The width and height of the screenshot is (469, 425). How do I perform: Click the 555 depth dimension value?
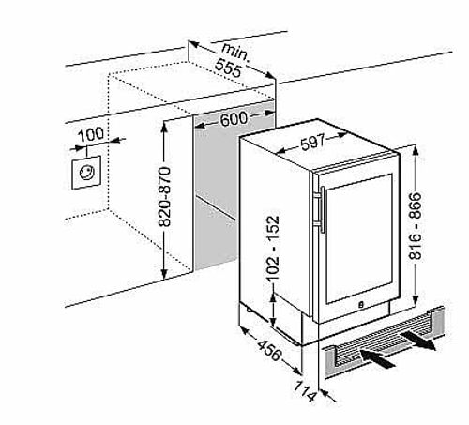click(228, 68)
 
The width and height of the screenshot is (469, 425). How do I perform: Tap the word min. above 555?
click(236, 52)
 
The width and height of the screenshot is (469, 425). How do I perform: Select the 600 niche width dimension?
click(234, 119)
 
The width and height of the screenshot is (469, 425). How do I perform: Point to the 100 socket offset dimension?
click(91, 134)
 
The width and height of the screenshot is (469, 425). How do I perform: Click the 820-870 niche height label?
click(164, 197)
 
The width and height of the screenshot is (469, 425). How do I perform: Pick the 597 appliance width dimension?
click(313, 143)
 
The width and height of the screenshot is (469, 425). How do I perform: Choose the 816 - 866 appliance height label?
click(416, 226)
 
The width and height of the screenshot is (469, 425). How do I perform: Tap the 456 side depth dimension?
click(269, 350)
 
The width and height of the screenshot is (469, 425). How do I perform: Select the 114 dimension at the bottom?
click(306, 391)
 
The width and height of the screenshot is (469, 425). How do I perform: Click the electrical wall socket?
click(86, 173)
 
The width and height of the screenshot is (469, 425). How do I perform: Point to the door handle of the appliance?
click(322, 210)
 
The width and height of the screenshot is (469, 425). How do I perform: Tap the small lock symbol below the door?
click(360, 304)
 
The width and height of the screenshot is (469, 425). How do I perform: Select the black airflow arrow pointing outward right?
click(418, 341)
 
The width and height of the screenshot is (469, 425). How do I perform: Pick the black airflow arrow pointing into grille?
click(378, 358)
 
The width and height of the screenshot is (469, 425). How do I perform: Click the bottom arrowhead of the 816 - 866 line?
click(416, 301)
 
